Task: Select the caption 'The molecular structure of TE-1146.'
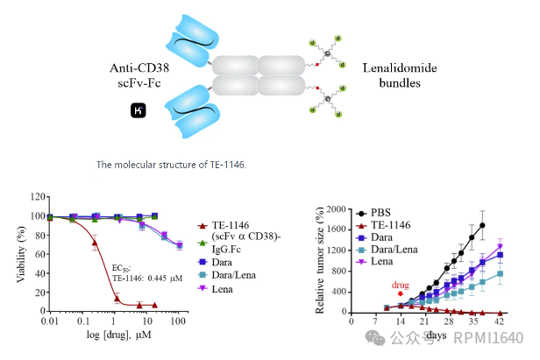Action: [171, 165]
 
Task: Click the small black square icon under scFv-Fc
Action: [139, 109]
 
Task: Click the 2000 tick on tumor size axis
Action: [337, 210]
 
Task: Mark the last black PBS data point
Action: [483, 225]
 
